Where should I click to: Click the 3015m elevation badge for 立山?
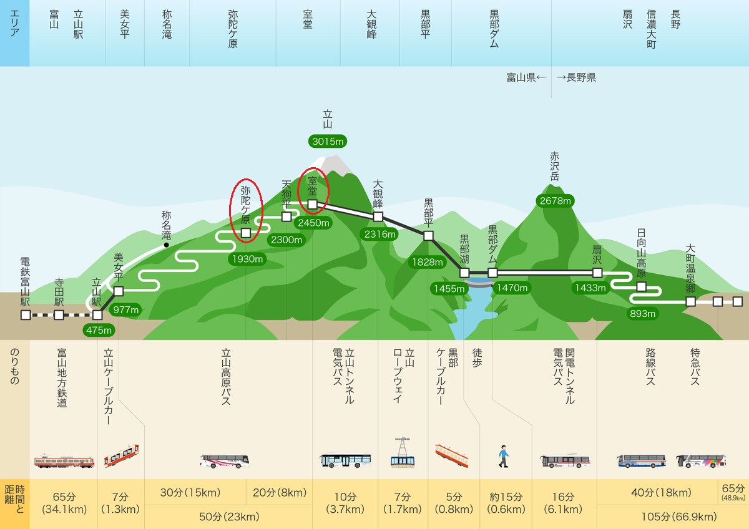(328, 142)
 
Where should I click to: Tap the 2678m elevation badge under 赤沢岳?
(556, 200)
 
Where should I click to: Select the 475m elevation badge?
(99, 330)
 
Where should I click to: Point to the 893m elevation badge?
(642, 313)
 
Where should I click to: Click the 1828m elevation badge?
(428, 262)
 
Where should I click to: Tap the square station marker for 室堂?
(312, 204)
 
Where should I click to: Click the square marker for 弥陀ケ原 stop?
(246, 233)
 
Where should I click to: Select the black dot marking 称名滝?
(166, 245)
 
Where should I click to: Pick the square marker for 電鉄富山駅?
(26, 315)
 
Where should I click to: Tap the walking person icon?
(504, 456)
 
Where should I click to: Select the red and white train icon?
(64, 461)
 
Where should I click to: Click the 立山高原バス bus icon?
(225, 461)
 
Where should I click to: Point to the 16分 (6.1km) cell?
(563, 503)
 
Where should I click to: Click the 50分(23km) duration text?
(229, 517)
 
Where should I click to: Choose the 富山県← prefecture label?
(526, 77)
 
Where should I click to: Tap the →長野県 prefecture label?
(576, 77)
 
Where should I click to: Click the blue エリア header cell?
(15, 33)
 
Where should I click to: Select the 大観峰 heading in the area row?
(371, 24)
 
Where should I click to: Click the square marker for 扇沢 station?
(597, 273)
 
